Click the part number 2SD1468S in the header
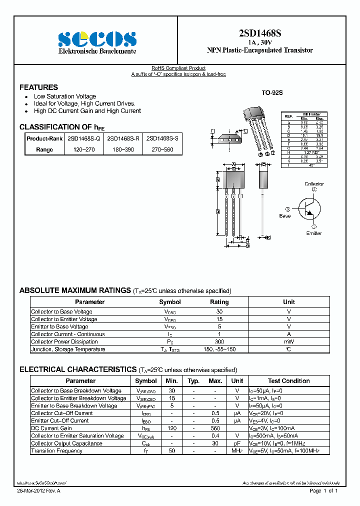coord(260,33)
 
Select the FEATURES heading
coord(38,87)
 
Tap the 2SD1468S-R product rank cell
coord(123,138)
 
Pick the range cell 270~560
coord(162,149)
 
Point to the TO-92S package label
coord(272,92)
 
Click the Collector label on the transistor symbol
coord(314,184)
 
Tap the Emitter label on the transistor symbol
coord(313,233)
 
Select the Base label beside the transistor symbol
coord(285,216)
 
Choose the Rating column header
coord(219,302)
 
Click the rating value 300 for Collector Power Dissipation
coord(219,342)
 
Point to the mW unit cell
coord(289,342)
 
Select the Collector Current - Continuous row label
coord(68,334)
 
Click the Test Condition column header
coord(288,381)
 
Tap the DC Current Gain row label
coord(51,428)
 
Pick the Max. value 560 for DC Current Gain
coord(215,428)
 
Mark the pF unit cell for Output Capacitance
coord(237,443)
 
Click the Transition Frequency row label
coord(56,451)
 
